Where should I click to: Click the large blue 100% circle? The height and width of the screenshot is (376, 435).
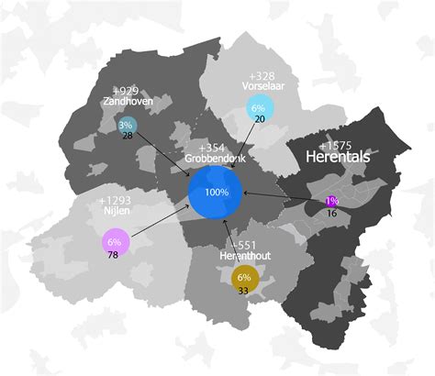pos(216,193)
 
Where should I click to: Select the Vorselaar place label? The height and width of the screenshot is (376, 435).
pos(262,88)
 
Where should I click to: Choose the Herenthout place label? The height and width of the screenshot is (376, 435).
pos(244,257)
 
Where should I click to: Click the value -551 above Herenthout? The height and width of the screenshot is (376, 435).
pos(244,245)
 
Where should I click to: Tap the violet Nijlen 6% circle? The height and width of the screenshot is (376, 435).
pos(115,241)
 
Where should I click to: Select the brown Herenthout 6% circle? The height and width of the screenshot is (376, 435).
pos(245,277)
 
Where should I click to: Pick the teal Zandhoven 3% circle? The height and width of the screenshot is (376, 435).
pos(127,125)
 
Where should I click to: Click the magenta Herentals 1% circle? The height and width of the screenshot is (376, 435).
pos(331,200)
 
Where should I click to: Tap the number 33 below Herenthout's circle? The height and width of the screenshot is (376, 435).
pos(244,291)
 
